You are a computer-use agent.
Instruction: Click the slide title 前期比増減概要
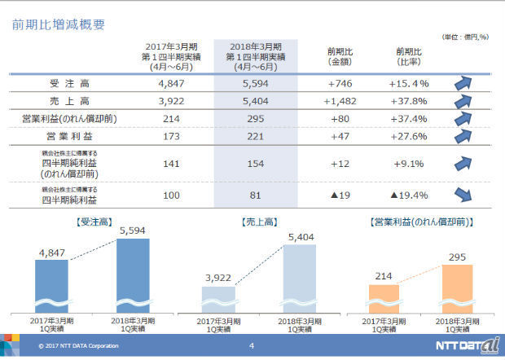58,24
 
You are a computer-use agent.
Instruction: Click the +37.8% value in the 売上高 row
409,101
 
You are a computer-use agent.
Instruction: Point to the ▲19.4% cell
409,195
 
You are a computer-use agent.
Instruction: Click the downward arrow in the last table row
464,195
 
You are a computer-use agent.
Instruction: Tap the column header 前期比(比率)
409,56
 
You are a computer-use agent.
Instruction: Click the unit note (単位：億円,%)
465,37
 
